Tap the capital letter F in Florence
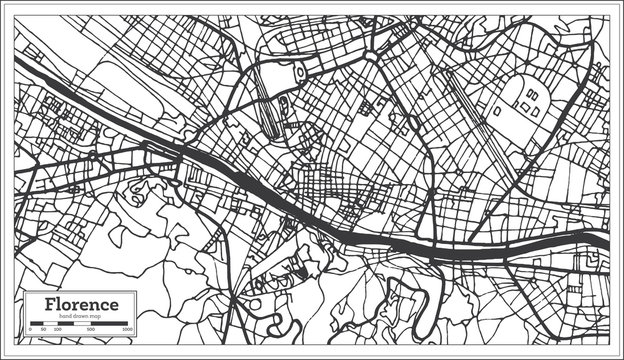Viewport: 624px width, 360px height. [49, 304]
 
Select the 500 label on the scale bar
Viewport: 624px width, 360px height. [91, 329]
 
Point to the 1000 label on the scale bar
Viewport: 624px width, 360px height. [128, 329]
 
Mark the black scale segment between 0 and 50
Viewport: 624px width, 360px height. [37, 323]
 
